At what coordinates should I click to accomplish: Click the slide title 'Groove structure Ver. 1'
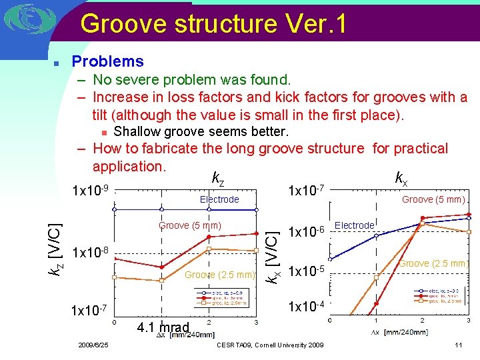tap(213, 24)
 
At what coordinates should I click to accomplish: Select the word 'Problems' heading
tap(107, 61)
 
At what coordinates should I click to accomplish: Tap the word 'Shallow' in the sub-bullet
tap(137, 131)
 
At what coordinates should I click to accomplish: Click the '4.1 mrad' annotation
tap(163, 328)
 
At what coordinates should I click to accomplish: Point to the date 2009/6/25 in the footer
tap(93, 345)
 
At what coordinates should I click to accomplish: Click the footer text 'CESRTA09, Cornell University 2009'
tap(270, 345)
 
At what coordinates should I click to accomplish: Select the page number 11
tap(457, 345)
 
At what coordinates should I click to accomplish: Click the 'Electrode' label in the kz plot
tap(219, 199)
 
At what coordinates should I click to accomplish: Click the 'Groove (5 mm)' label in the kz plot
tap(190, 225)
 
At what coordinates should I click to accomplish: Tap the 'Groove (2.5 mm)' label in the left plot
tap(220, 275)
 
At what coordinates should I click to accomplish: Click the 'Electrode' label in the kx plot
tap(354, 225)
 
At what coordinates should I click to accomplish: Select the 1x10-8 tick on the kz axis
tap(90, 253)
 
